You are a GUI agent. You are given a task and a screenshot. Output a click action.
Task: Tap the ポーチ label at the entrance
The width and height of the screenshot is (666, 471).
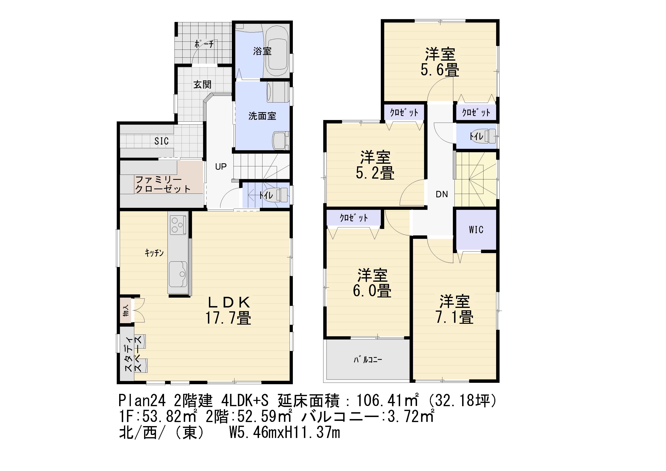(x=204, y=44)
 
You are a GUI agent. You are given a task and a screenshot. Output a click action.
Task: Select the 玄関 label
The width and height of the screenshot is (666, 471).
(x=202, y=85)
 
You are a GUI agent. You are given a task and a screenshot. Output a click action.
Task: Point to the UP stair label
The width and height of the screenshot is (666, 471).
(x=221, y=167)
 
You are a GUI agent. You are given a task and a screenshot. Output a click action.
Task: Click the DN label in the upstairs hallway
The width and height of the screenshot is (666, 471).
(x=442, y=194)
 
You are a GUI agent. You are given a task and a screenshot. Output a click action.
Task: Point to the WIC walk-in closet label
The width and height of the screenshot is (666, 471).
(x=476, y=230)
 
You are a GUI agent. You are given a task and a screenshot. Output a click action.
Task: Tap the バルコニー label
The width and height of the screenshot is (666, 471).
(x=368, y=360)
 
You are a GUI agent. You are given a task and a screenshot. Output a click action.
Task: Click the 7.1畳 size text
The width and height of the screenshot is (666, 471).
(x=454, y=317)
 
